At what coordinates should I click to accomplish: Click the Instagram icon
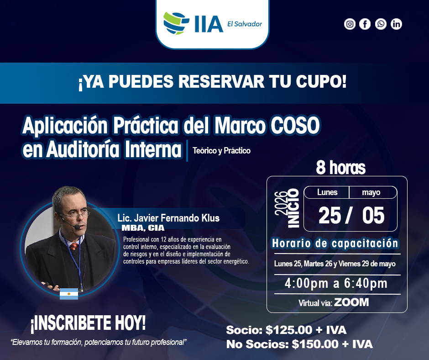pos(350,24)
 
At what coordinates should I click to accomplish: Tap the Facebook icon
pos(365,24)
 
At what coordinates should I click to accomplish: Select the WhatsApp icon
pos(381,24)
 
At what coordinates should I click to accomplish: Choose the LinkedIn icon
pos(396,24)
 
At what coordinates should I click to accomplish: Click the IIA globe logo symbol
pos(176,23)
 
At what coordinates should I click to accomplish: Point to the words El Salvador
pos(245,24)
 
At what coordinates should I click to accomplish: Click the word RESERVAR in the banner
pos(221,81)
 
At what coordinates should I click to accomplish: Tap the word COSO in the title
pos(295,125)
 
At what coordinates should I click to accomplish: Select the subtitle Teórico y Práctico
pos(222,151)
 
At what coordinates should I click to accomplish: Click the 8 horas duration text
pos(340,167)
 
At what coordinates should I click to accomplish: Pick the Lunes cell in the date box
pos(327,192)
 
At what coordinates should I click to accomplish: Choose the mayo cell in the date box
pos(371,192)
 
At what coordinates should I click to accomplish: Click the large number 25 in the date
pos(330,215)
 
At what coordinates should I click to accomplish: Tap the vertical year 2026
pos(281,203)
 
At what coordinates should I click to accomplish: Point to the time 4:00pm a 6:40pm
pos(336,283)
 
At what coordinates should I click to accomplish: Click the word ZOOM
pos(351,302)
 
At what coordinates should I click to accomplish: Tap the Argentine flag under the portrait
pos(69,294)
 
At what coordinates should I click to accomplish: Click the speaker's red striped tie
pos(74,246)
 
